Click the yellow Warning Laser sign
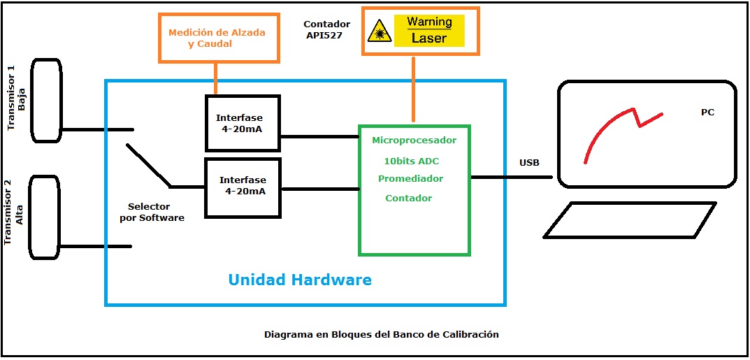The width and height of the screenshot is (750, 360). [x=429, y=30]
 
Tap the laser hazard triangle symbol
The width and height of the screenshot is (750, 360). [x=380, y=31]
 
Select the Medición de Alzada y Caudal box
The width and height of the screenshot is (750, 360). [x=219, y=38]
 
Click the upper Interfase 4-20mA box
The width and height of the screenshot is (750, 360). [x=243, y=123]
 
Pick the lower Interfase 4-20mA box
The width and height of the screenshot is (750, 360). [x=243, y=188]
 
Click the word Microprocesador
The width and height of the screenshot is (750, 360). [x=414, y=141]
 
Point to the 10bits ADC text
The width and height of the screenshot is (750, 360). [x=412, y=161]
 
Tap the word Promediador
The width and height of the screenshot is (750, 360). [x=410, y=179]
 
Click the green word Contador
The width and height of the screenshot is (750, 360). [x=408, y=198]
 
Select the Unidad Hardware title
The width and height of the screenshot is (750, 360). [x=300, y=279]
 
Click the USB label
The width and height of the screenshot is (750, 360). [x=530, y=163]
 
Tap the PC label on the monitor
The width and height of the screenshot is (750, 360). [x=707, y=113]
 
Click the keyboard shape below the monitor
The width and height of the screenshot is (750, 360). [x=630, y=219]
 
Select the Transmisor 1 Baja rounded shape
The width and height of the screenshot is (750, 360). [x=46, y=100]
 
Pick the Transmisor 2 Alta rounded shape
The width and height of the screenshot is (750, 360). [x=45, y=217]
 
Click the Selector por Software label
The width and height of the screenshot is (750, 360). [x=155, y=212]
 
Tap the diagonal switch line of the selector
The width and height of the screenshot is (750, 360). [x=149, y=166]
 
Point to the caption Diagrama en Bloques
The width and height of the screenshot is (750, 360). [x=381, y=334]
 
